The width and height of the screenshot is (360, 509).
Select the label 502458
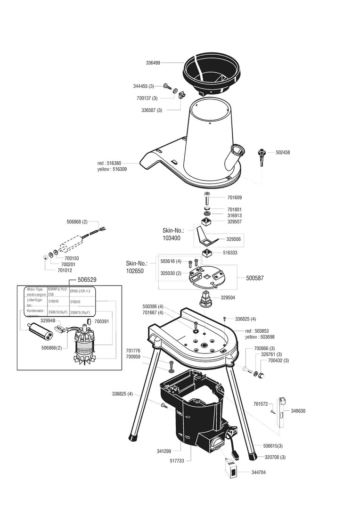point(283,152)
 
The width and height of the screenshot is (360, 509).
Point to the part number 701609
point(248,197)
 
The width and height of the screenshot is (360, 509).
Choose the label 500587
point(254,278)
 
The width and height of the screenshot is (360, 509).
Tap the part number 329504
point(228,298)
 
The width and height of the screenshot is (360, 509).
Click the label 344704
point(259,472)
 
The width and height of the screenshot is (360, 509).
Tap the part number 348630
point(298,411)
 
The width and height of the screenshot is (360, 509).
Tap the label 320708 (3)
point(275,457)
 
